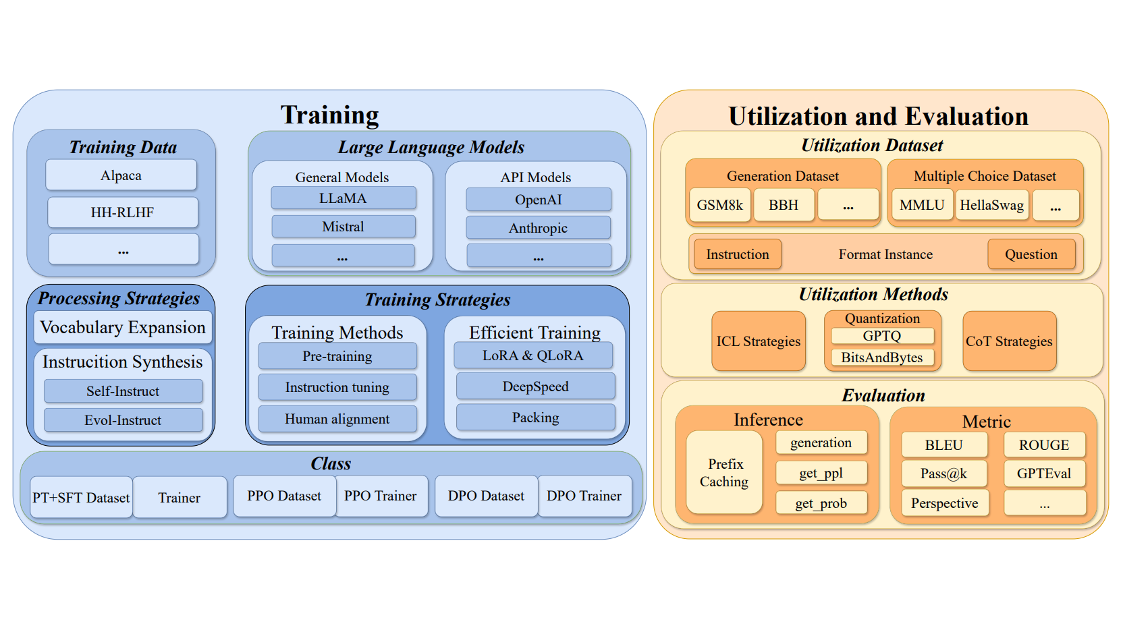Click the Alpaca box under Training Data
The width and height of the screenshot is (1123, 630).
click(121, 175)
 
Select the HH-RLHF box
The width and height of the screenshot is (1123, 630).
click(122, 212)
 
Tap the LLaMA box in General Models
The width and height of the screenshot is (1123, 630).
click(343, 198)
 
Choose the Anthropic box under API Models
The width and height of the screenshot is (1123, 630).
click(538, 228)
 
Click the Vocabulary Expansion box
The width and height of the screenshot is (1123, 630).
click(123, 327)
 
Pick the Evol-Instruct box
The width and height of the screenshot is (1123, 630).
click(123, 420)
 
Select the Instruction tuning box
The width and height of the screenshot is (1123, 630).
click(337, 387)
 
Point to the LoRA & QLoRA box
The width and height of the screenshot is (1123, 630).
click(533, 355)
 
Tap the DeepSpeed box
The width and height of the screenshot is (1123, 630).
click(535, 386)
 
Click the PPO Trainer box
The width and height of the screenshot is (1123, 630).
click(381, 496)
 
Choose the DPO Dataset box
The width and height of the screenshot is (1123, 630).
click(486, 496)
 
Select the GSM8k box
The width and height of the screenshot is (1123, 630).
click(719, 205)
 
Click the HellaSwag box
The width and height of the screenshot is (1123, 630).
click(991, 205)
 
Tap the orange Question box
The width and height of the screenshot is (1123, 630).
click(1031, 254)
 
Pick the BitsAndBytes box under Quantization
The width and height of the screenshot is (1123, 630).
click(881, 357)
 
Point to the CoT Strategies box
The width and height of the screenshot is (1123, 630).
click(1009, 341)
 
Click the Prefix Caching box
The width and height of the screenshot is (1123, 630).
click(724, 472)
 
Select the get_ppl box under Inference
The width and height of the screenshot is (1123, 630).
click(821, 473)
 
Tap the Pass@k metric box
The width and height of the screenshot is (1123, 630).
click(943, 474)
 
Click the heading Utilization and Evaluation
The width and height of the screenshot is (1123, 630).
click(878, 116)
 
